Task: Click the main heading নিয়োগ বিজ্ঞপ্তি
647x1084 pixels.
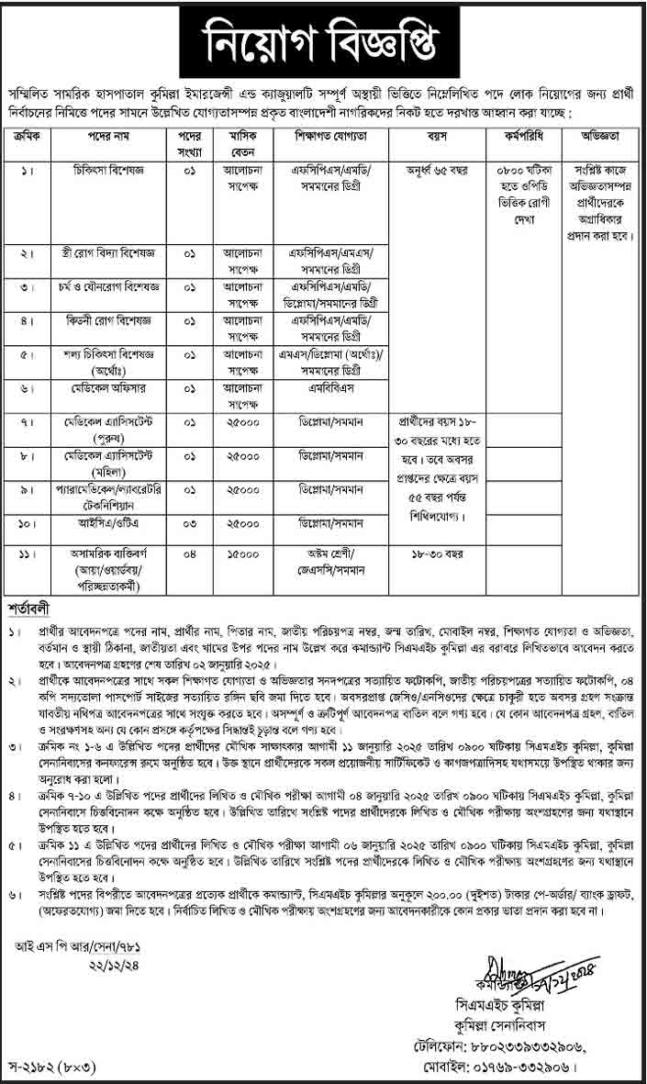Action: [x=323, y=41]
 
